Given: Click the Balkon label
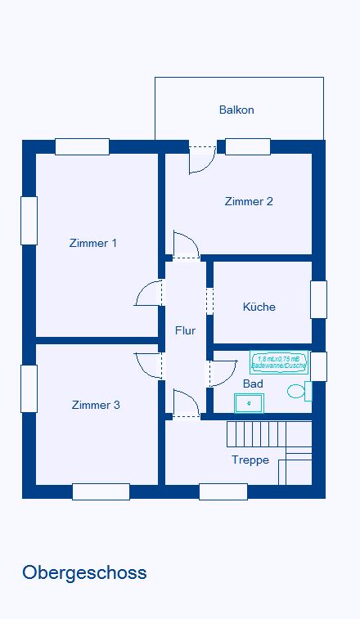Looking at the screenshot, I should point(236,110).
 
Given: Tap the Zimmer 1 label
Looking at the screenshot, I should point(93,243).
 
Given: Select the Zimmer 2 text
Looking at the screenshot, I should point(249,201).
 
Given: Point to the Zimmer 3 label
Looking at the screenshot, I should point(96,405).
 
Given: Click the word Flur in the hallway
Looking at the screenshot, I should point(185,330).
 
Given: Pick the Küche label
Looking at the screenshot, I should point(259,307).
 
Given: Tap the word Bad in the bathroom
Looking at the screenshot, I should point(253,383).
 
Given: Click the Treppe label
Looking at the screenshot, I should point(250,460).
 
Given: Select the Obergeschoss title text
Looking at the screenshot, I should point(84,572).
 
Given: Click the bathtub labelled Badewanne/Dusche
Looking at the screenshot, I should point(279,362).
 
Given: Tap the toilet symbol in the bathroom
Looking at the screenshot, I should point(297,392).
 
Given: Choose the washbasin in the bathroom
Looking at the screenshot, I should point(249,402).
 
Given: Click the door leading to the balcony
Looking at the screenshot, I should point(201,159).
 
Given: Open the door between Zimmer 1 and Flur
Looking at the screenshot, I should point(150,293).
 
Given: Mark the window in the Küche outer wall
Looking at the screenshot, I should point(318,299).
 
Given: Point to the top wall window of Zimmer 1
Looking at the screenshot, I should point(82,147).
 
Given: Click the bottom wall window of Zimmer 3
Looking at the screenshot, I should point(101,491).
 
